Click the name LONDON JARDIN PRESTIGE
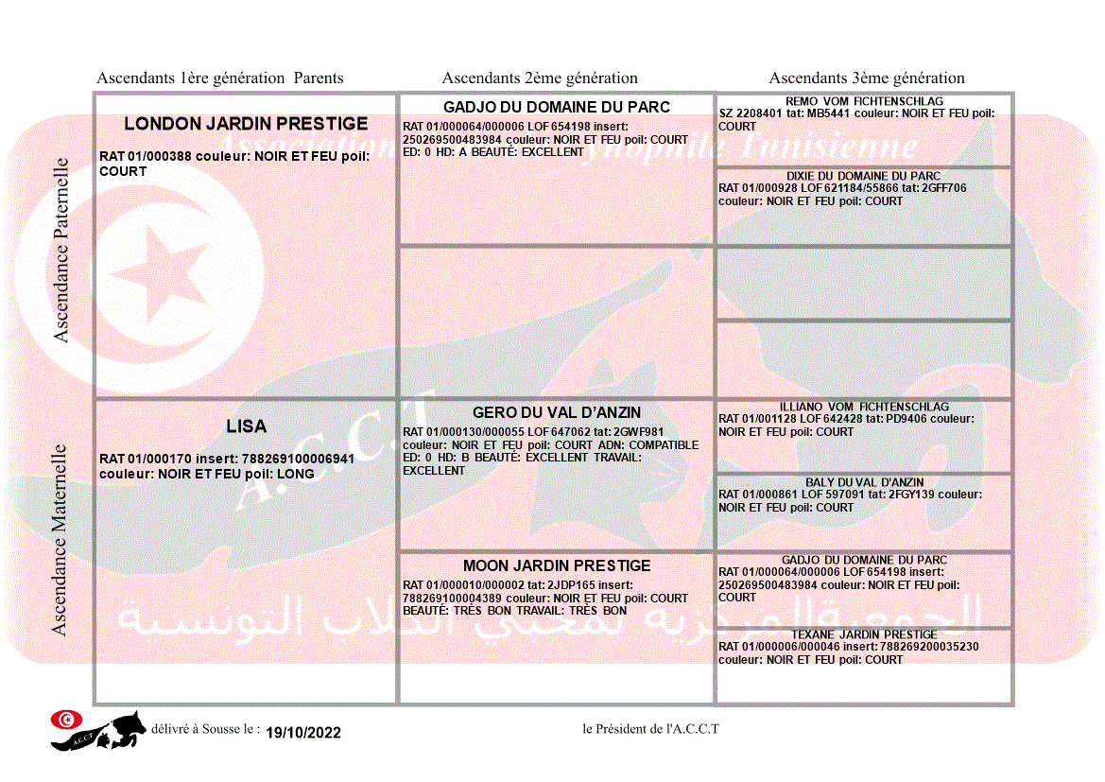[246, 124]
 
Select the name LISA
[246, 427]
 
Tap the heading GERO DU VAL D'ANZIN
[557, 413]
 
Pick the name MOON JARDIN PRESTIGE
[557, 565]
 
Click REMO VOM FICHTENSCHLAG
[864, 101]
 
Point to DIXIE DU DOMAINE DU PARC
[864, 176]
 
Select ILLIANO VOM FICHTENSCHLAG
[864, 407]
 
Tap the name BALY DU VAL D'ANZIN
[864, 482]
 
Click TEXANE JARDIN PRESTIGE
[864, 634]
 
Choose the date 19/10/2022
[303, 733]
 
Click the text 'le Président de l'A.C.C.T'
[650, 729]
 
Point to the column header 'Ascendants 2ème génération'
[540, 78]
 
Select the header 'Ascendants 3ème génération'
[867, 78]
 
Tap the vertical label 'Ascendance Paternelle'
[61, 250]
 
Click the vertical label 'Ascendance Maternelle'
[60, 540]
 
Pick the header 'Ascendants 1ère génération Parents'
[220, 78]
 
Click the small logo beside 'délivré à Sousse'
[97, 729]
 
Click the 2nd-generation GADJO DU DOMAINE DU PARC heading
[557, 107]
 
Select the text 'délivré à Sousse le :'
[205, 729]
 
